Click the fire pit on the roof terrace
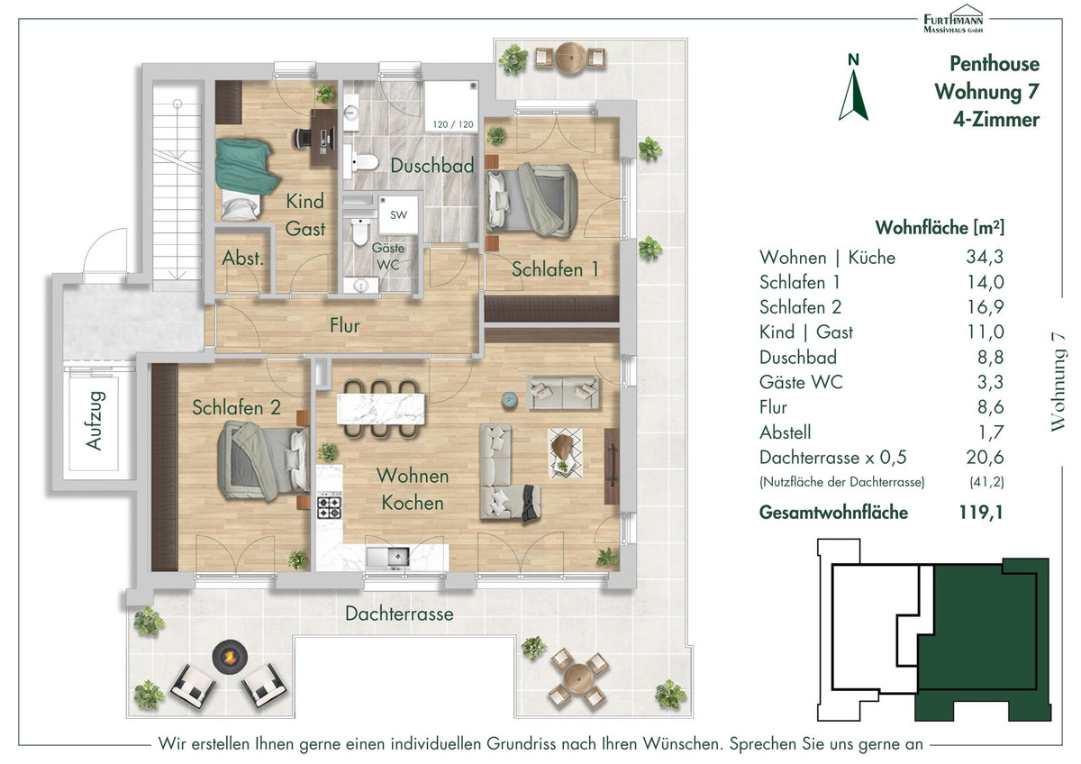[x=231, y=657]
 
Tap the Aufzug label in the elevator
[x=94, y=421]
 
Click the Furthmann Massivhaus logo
[x=953, y=19]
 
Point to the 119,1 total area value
[x=981, y=512]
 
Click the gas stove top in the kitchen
[x=329, y=505]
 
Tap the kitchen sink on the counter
[x=387, y=557]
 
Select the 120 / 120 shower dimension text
[x=452, y=124]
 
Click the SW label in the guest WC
[x=398, y=215]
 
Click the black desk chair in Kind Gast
[x=303, y=138]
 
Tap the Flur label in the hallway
[x=344, y=326]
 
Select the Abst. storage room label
[x=242, y=259]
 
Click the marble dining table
[x=381, y=409]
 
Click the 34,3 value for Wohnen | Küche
[x=985, y=257]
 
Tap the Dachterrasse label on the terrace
[x=399, y=614]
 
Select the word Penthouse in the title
[x=995, y=64]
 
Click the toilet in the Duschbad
[x=362, y=162]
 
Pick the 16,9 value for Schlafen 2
[x=985, y=307]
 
